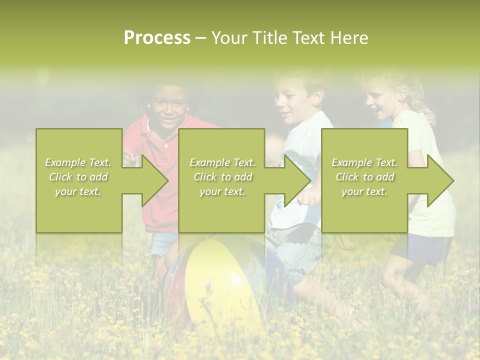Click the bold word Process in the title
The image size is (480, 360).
[x=157, y=38]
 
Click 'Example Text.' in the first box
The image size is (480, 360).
[x=78, y=162]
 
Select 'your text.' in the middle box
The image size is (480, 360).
[x=222, y=191]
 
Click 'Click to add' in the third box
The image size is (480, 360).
[x=365, y=177]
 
